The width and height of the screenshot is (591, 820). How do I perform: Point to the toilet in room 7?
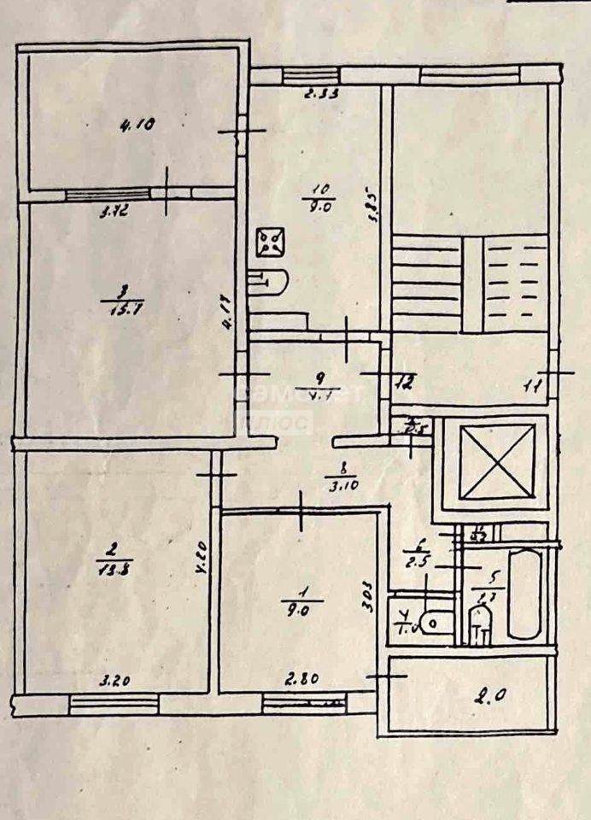(x=432, y=623)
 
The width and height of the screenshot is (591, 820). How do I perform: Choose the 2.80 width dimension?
(x=297, y=680)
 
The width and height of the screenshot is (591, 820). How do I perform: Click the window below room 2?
(x=114, y=703)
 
